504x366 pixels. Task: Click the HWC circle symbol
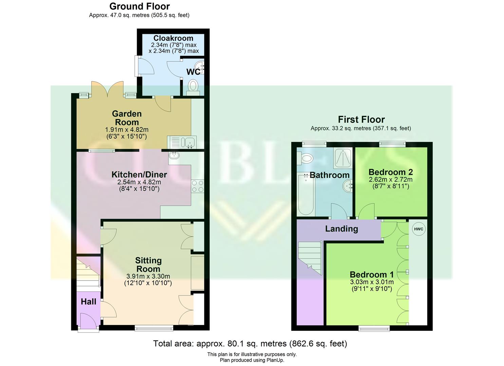click(418, 229)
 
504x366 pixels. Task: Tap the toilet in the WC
click(193, 85)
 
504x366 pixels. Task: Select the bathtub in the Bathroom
click(306, 194)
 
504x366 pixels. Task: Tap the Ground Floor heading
click(139, 6)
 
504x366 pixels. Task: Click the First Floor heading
click(361, 119)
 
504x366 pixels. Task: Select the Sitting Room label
click(148, 264)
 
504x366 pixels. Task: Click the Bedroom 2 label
click(390, 172)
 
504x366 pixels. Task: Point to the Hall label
click(88, 302)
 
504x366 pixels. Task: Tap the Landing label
click(341, 229)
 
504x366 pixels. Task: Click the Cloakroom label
click(173, 38)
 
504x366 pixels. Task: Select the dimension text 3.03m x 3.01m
click(372, 282)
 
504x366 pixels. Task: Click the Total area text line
click(250, 344)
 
